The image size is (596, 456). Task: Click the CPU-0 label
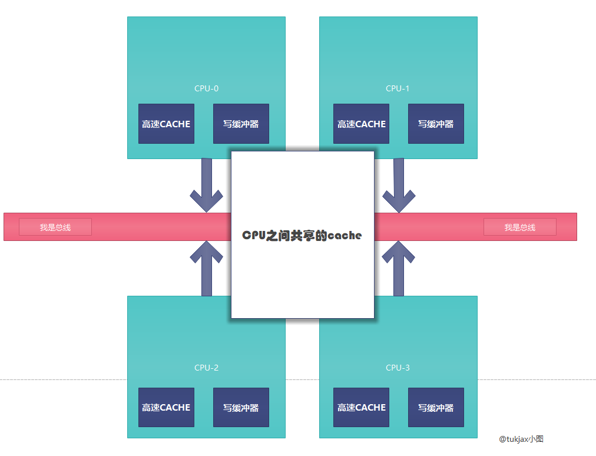click(x=206, y=88)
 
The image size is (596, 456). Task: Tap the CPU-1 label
click(x=398, y=88)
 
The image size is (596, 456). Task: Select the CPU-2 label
click(x=206, y=368)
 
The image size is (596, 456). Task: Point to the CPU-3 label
click(x=398, y=368)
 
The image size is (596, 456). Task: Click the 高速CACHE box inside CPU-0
click(x=166, y=124)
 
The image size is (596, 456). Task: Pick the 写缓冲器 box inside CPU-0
click(x=241, y=124)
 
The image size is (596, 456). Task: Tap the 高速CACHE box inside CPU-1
click(x=361, y=124)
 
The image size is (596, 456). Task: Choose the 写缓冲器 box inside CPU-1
click(x=436, y=124)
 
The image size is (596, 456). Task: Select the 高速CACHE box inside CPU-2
click(x=166, y=407)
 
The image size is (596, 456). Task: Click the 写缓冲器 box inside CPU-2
click(x=241, y=407)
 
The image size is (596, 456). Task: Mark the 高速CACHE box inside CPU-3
click(x=361, y=407)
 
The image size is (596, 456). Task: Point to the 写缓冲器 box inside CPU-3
click(x=436, y=407)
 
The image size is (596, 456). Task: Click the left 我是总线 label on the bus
click(x=55, y=227)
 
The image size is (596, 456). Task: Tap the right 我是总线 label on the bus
click(x=520, y=227)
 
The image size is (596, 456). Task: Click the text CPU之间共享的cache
click(x=302, y=235)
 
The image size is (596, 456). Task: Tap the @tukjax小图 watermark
click(x=521, y=439)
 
